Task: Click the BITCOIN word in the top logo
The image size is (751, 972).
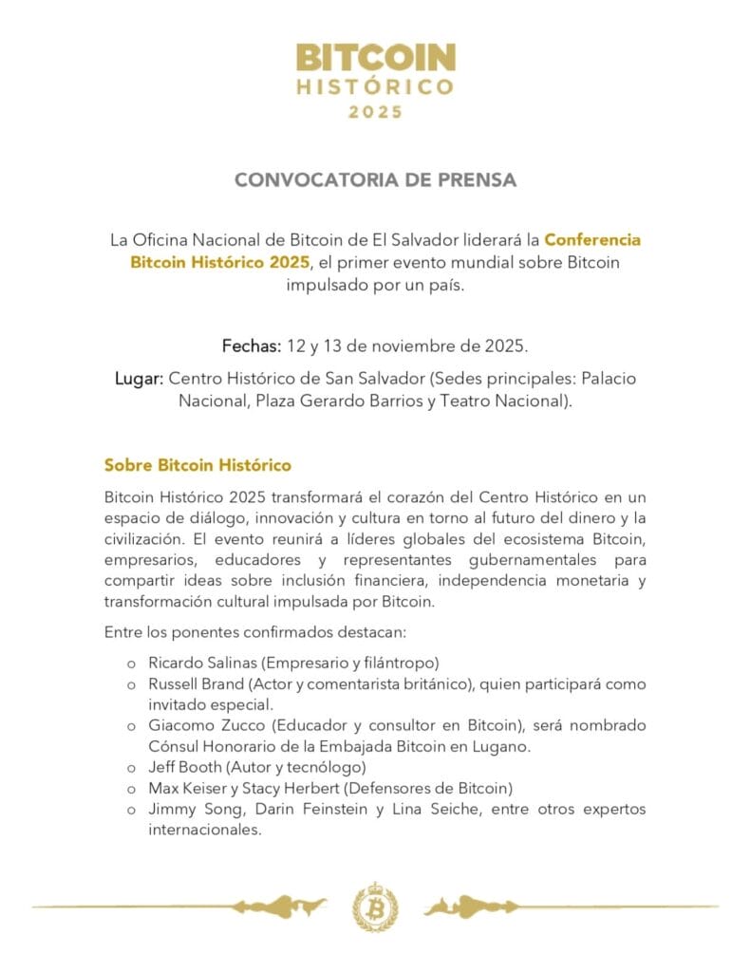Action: (375, 59)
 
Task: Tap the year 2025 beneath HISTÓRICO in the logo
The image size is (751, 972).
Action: (375, 112)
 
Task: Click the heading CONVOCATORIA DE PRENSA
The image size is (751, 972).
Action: (375, 180)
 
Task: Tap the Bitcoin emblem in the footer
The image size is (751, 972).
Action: (375, 907)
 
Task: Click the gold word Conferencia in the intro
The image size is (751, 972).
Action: (579, 240)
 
